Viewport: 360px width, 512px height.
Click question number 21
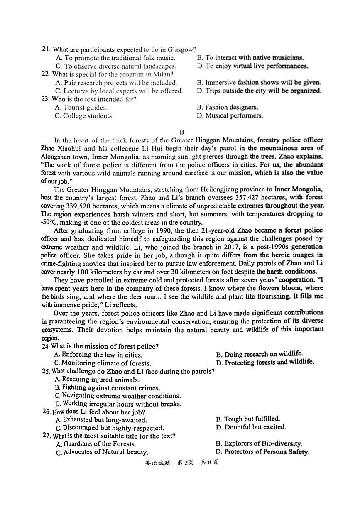click(46, 49)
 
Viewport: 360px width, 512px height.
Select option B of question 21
click(250, 58)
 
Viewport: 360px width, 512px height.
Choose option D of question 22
click(259, 91)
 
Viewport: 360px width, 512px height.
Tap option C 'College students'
click(84, 116)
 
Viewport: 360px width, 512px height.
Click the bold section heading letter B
click(181, 132)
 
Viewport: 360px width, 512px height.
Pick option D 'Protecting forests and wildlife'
click(265, 363)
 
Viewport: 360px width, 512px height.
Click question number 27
click(47, 436)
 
